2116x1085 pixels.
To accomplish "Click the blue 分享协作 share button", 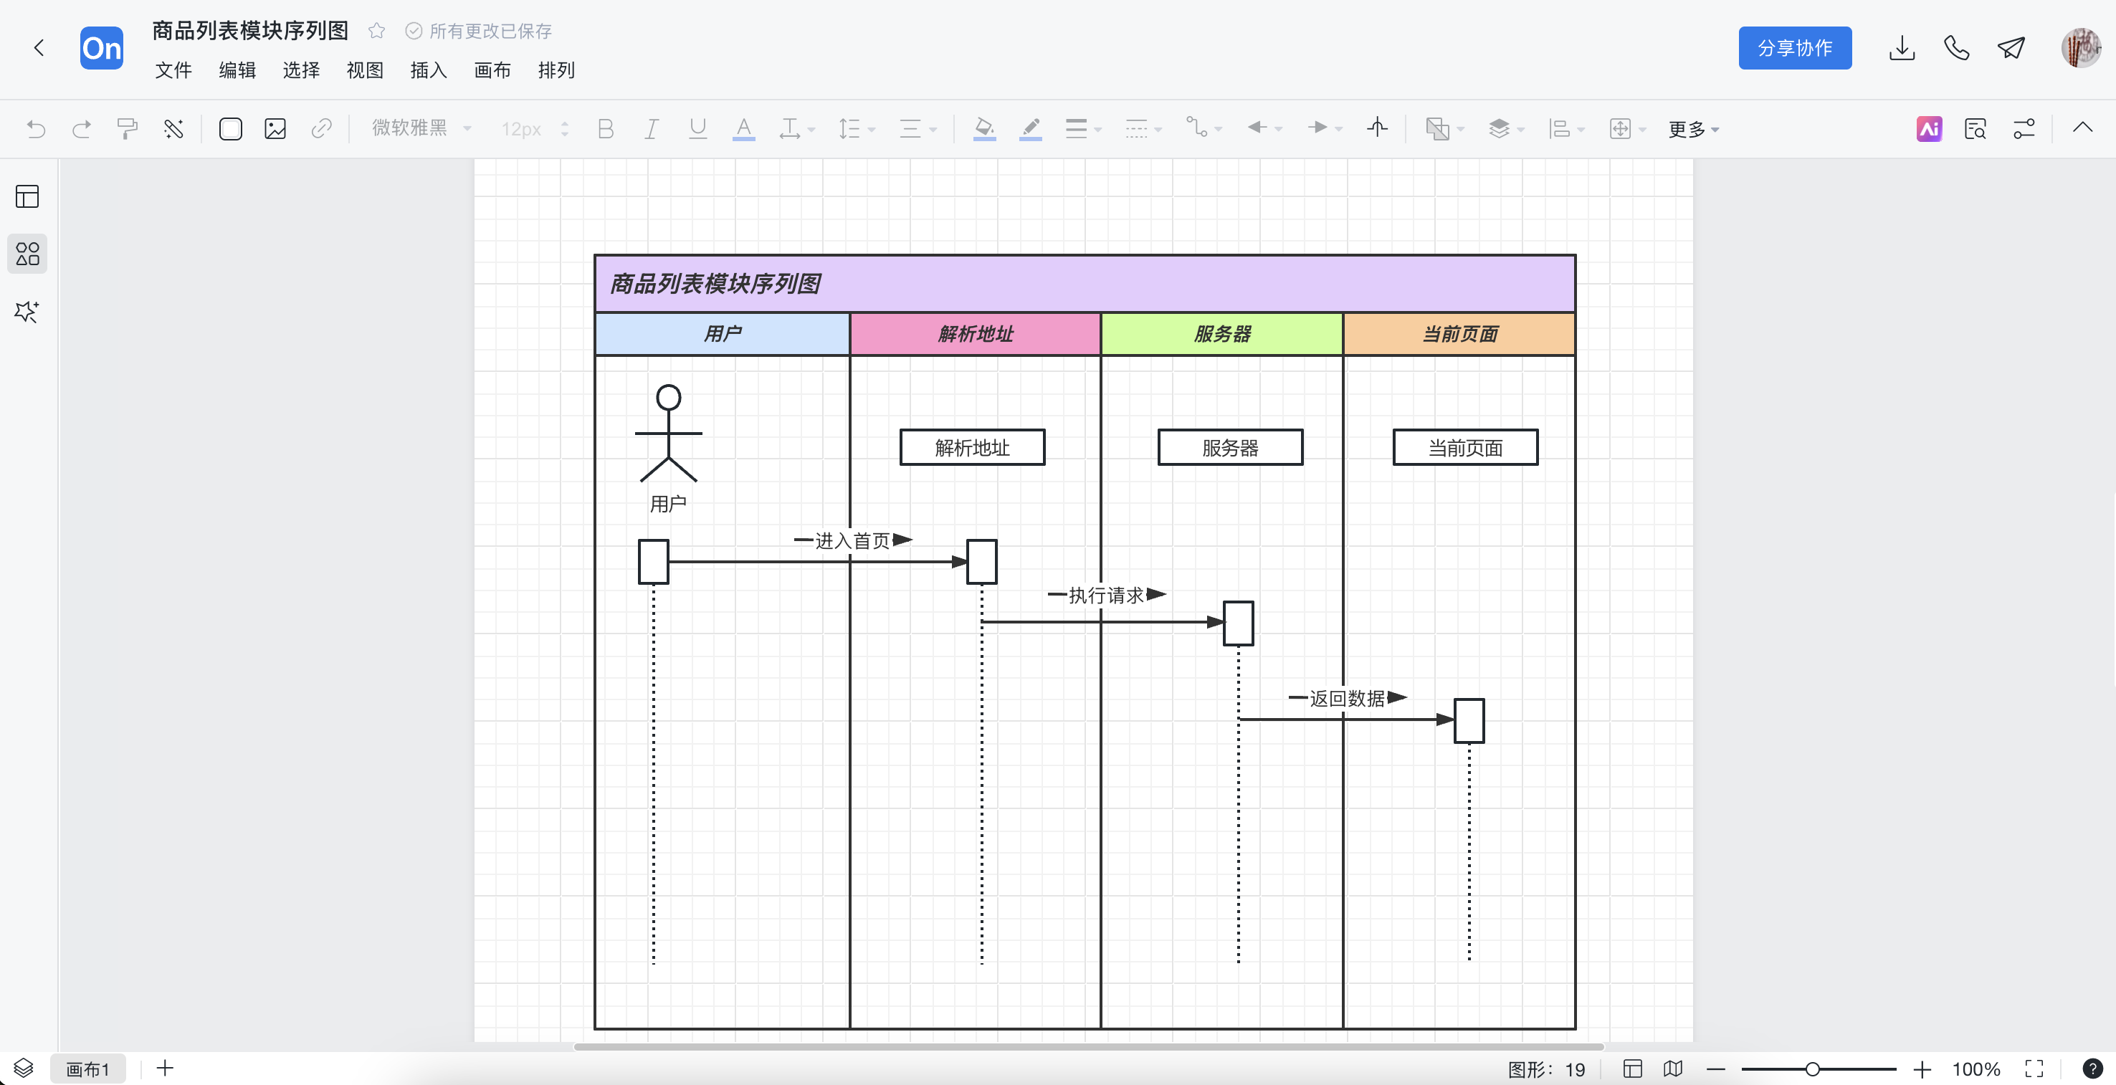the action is pyautogui.click(x=1795, y=47).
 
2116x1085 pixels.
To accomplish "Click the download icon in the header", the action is pyautogui.click(x=1902, y=47).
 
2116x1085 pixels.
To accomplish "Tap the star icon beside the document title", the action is pyautogui.click(x=376, y=32).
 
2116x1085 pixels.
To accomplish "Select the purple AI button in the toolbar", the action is pyautogui.click(x=1929, y=128).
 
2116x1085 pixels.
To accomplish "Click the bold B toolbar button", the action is pyautogui.click(x=606, y=128).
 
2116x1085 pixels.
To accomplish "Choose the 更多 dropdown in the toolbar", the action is pyautogui.click(x=1693, y=129).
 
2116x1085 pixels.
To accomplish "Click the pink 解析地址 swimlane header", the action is pyautogui.click(x=975, y=333).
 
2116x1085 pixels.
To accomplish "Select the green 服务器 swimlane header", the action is pyautogui.click(x=1221, y=333).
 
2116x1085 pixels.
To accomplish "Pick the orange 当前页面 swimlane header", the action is pyautogui.click(x=1459, y=333).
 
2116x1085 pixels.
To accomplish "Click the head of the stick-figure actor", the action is pyautogui.click(x=669, y=398).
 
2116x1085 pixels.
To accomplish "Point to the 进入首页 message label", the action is pyautogui.click(x=853, y=540).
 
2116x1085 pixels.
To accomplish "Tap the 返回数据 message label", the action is pyautogui.click(x=1347, y=698).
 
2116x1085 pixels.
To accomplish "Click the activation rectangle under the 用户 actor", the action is pyautogui.click(x=654, y=562).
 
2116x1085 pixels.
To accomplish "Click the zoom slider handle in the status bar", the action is pyautogui.click(x=1812, y=1069).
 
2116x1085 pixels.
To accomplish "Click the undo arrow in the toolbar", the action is pyautogui.click(x=35, y=128).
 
